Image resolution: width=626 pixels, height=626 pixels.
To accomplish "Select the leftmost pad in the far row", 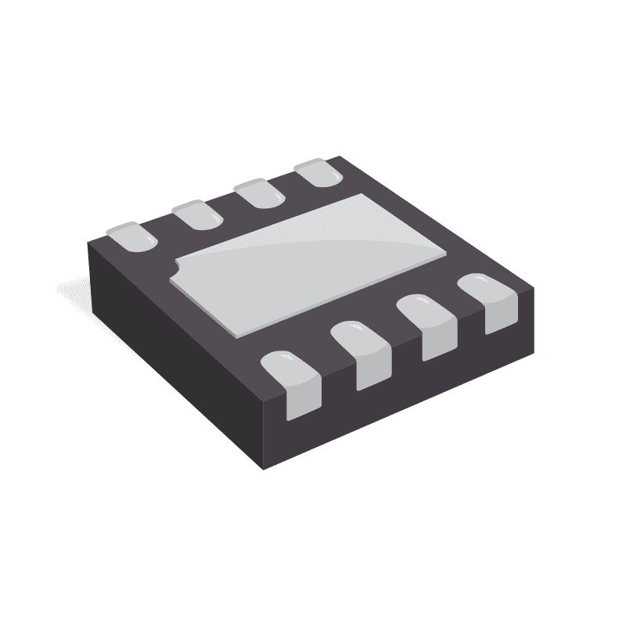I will tap(131, 236).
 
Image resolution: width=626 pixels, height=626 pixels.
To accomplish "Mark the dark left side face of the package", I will tap(172, 344).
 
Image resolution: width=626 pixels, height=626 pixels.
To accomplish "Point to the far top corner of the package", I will tap(339, 157).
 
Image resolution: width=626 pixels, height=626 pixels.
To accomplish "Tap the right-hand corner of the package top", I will tap(533, 288).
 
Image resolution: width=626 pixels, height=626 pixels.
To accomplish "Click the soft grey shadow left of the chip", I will tap(70, 293).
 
